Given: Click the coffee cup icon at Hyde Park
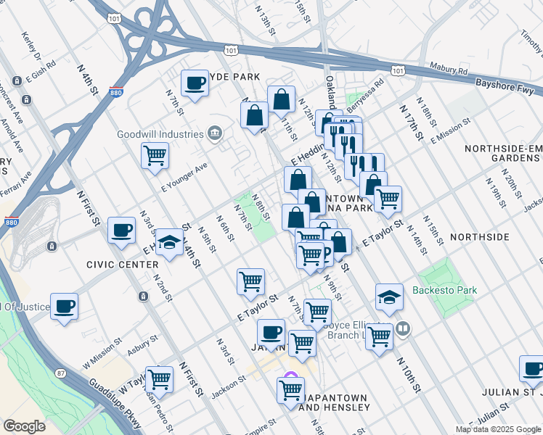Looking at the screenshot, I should (194, 83).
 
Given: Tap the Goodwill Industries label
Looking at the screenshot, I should (160, 134).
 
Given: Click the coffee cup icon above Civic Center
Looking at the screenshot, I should (121, 231).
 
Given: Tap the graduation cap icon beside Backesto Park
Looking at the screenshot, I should (389, 297).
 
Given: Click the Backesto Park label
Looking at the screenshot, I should (444, 291).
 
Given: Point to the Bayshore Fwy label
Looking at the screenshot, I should (505, 85).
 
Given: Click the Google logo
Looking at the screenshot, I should (24, 426).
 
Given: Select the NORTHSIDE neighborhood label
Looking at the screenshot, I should (479, 237).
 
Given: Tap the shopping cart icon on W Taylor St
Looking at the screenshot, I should (158, 378).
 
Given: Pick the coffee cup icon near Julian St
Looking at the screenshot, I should (532, 368).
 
